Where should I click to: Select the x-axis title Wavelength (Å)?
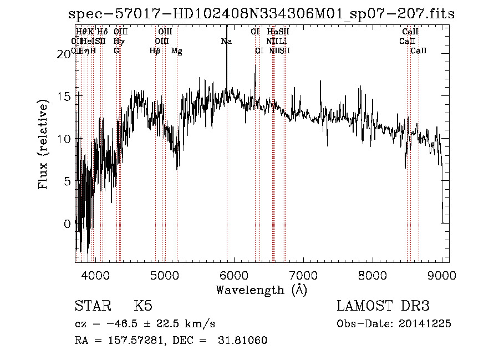[261, 290]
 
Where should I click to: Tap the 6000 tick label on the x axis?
[234, 275]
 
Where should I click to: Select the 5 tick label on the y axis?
[67, 181]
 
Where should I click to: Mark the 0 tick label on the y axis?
[67, 224]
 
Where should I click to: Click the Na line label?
[226, 42]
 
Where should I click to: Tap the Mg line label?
[177, 51]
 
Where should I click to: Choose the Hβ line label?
[155, 51]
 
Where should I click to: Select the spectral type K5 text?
[142, 306]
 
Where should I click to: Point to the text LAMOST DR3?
[383, 306]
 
